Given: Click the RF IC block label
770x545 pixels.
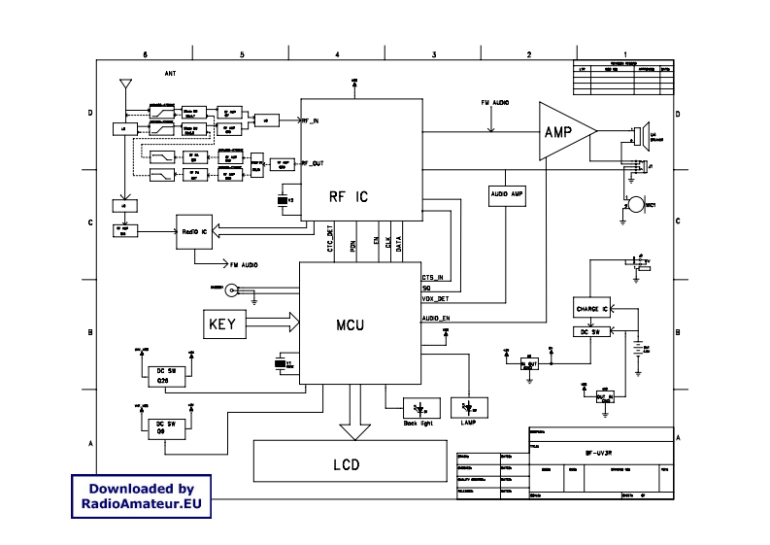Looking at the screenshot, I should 349,195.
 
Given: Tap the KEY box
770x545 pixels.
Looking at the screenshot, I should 225,323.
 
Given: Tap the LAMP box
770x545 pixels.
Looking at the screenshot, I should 469,407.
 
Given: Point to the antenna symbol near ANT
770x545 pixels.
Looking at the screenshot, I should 122,85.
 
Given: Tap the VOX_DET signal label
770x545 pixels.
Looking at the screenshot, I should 434,299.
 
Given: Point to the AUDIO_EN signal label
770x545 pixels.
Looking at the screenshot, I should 436,319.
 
